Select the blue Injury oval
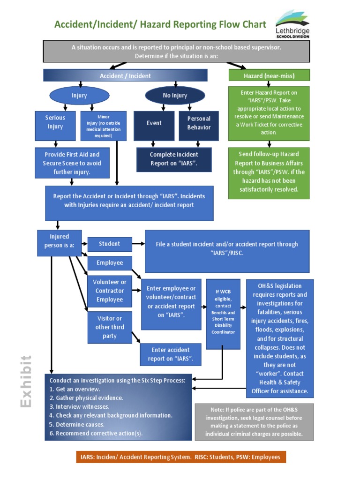click(x=79, y=96)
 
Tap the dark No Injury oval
click(x=175, y=96)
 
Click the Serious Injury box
click(x=55, y=126)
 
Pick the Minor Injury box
click(x=103, y=126)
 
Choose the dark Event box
click(x=154, y=126)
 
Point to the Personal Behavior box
click(x=199, y=126)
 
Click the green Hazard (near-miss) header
click(x=269, y=75)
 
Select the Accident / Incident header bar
click(x=125, y=75)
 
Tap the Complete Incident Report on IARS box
click(x=174, y=159)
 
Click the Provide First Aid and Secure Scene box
click(x=72, y=163)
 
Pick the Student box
click(x=109, y=244)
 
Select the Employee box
click(x=110, y=263)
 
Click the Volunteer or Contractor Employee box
click(x=110, y=291)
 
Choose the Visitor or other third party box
click(x=110, y=327)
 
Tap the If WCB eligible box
click(x=223, y=314)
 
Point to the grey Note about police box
click(x=254, y=422)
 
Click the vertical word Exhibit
click(x=26, y=381)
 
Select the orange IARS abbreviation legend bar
click(x=181, y=457)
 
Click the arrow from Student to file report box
click(x=138, y=244)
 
